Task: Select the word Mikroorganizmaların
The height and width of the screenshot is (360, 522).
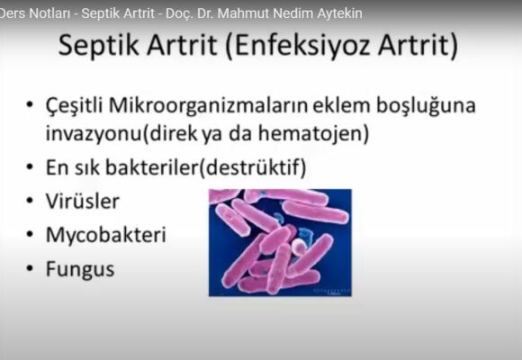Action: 208,107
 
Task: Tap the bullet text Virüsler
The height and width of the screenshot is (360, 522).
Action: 81,202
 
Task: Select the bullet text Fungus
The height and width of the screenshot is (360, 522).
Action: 80,269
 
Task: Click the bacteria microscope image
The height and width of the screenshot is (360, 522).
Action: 280,241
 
